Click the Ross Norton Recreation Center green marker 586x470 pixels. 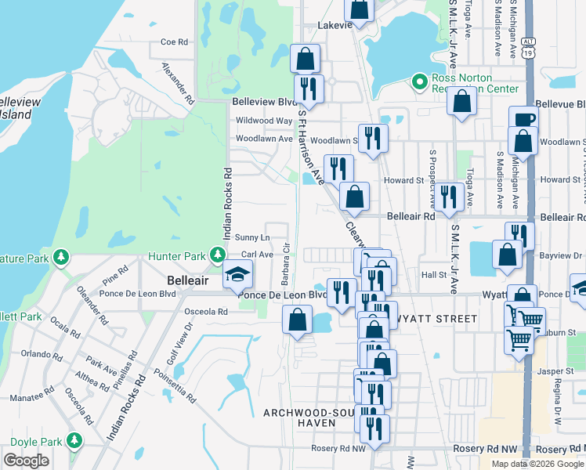pyautogui.click(x=419, y=81)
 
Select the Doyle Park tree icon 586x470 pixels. pyautogui.click(x=74, y=440)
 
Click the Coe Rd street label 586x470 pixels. pyautogui.click(x=174, y=42)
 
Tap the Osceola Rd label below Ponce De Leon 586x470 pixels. pyautogui.click(x=206, y=311)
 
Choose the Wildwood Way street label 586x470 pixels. pyautogui.click(x=264, y=121)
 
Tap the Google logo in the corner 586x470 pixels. pyautogui.click(x=26, y=460)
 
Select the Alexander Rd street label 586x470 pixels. pyautogui.click(x=178, y=84)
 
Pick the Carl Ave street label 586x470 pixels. pyautogui.click(x=257, y=255)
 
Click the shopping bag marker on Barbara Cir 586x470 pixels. pyautogui.click(x=297, y=320)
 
